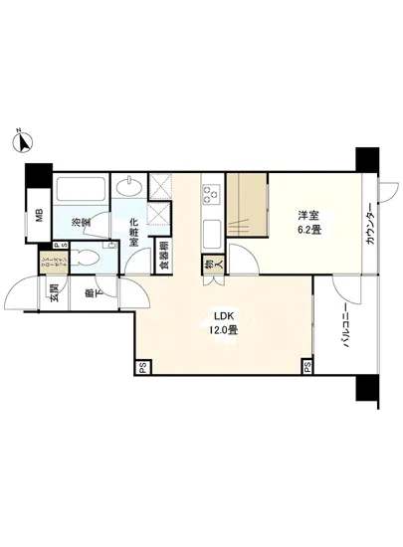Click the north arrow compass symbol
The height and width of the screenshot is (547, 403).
[x=23, y=141]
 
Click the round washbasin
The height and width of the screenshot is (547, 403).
[x=127, y=188]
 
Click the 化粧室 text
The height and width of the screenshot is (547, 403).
[x=132, y=231]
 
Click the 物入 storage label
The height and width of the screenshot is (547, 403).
[x=209, y=266]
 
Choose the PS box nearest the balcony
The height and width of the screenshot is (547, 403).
[x=307, y=367]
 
